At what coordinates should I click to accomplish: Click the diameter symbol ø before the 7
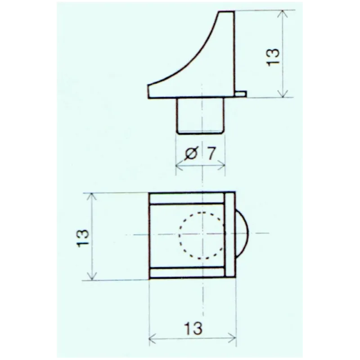click(191, 153)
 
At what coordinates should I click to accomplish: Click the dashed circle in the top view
click(202, 235)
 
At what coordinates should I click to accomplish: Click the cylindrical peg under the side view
click(199, 116)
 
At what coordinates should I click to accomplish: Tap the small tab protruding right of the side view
click(240, 94)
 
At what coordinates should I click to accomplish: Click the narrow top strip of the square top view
click(187, 198)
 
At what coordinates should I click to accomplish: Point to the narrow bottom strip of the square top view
click(187, 272)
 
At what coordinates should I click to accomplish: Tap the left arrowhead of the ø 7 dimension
click(178, 166)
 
